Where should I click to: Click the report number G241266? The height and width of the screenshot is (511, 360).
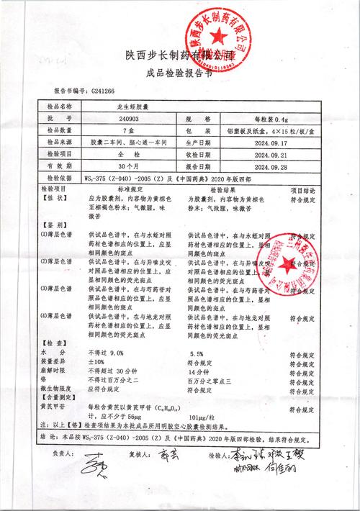click(104, 92)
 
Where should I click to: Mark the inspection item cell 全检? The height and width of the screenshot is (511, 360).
click(128, 154)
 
